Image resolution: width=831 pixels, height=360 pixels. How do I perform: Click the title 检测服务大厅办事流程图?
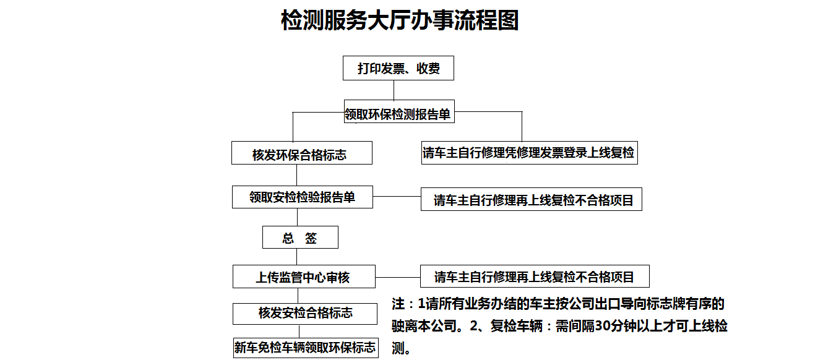click(x=400, y=20)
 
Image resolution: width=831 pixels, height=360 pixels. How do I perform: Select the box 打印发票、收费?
click(x=398, y=68)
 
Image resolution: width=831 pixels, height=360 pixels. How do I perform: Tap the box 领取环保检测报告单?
click(x=399, y=111)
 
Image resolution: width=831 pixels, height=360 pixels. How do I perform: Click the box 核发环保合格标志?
click(x=302, y=153)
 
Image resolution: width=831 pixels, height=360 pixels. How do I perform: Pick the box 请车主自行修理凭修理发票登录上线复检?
click(x=530, y=153)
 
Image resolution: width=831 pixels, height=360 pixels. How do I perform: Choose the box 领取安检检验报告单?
click(x=303, y=197)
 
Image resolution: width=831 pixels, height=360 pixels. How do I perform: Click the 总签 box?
click(x=300, y=238)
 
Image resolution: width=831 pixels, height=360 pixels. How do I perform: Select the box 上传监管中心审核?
click(x=304, y=276)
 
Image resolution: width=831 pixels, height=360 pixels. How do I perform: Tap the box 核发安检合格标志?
click(x=305, y=314)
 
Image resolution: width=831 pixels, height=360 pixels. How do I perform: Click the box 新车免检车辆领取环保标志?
click(x=306, y=348)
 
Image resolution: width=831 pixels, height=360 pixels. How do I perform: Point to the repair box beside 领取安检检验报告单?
click(x=532, y=199)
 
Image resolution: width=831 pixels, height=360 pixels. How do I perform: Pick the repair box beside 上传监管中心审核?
click(x=535, y=276)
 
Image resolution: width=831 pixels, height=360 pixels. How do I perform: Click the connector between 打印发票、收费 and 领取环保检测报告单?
click(x=394, y=90)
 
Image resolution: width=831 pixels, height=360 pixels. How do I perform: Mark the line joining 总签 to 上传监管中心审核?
click(x=297, y=257)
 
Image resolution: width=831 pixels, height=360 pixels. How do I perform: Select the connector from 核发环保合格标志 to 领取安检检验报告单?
click(x=297, y=175)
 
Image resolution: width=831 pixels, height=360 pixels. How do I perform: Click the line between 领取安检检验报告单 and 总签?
click(x=297, y=217)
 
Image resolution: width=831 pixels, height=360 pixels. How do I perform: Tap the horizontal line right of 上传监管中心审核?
click(x=398, y=277)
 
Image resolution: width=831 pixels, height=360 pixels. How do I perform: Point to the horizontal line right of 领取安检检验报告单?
click(x=397, y=197)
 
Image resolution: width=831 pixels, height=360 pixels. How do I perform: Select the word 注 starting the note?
click(x=398, y=304)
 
